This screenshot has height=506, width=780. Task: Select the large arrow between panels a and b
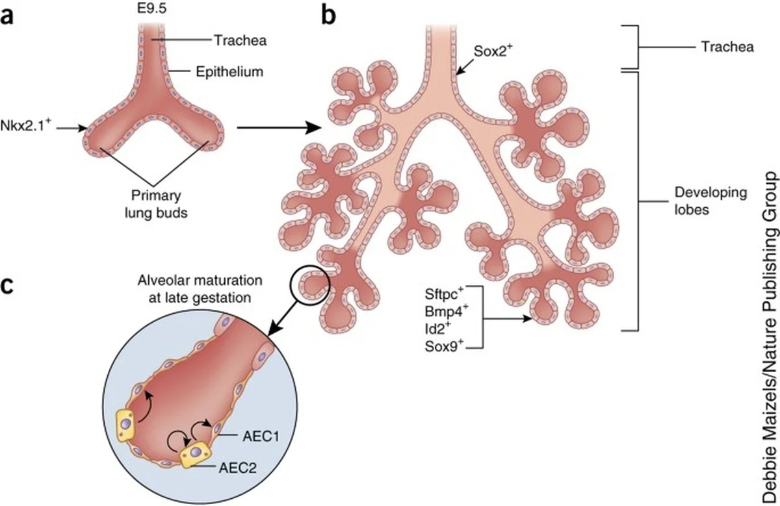coord(280,128)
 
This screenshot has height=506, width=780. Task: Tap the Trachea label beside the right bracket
coord(727,47)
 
